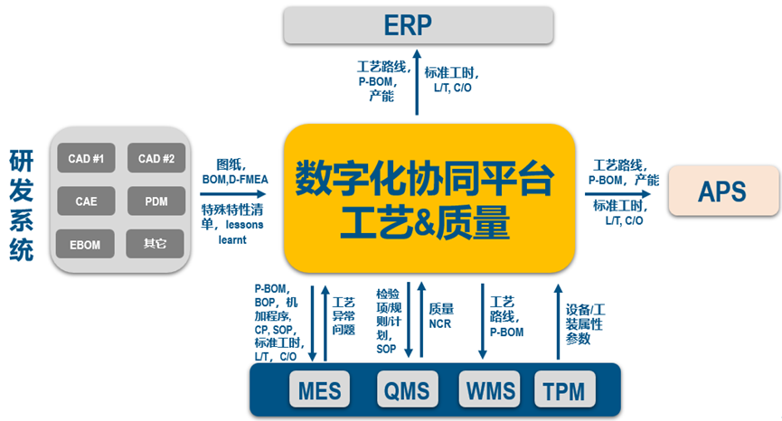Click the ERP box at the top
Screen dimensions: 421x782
tap(419, 24)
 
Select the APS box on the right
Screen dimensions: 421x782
tap(722, 191)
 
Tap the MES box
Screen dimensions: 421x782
tap(321, 389)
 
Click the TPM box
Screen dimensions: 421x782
tap(565, 389)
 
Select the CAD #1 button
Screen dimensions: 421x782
tap(86, 159)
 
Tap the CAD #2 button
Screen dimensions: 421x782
tap(155, 159)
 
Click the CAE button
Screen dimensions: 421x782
tap(86, 201)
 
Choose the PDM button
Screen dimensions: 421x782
tap(155, 201)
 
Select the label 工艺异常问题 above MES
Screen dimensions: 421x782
tap(344, 316)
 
